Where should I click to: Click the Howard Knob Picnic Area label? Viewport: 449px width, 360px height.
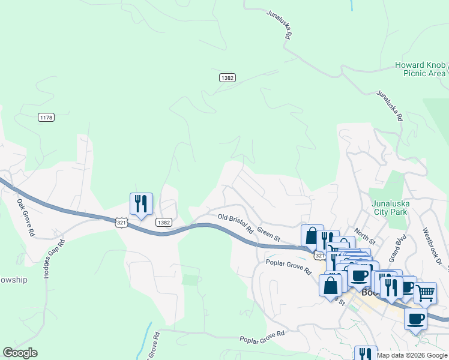pyautogui.click(x=420, y=69)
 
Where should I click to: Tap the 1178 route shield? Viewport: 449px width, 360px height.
pyautogui.click(x=46, y=117)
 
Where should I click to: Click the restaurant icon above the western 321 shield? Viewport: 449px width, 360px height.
pyautogui.click(x=141, y=204)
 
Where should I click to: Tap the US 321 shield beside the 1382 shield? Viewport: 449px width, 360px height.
pyautogui.click(x=121, y=222)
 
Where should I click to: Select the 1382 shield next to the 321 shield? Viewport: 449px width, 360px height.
pyautogui.click(x=164, y=222)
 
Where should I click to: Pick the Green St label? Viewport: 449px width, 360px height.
pyautogui.click(x=268, y=233)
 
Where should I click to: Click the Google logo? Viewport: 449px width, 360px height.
pyautogui.click(x=20, y=353)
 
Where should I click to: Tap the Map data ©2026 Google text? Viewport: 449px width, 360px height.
pyautogui.click(x=412, y=355)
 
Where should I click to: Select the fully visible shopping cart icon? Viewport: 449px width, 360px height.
pyautogui.click(x=425, y=293)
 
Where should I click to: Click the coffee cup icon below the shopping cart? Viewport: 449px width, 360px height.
pyautogui.click(x=415, y=319)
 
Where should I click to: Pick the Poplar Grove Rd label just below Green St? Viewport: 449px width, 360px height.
pyautogui.click(x=289, y=267)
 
